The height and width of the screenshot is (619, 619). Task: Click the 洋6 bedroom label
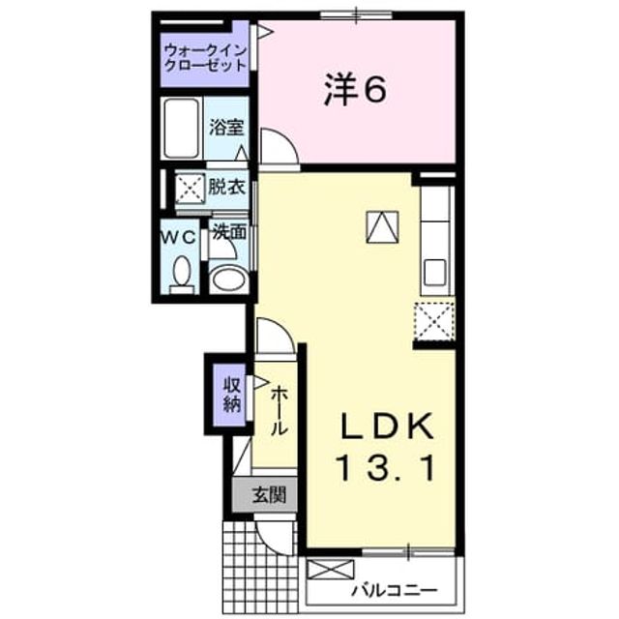point(355,91)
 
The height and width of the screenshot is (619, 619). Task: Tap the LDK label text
point(387,426)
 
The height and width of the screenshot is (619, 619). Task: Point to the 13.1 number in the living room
point(386,468)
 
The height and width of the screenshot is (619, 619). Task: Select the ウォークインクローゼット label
point(205,58)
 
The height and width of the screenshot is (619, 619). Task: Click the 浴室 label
point(226,127)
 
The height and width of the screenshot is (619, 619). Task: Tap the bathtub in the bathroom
point(182,129)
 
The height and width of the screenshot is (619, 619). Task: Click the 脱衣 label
point(226,187)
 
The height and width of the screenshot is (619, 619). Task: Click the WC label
point(178,238)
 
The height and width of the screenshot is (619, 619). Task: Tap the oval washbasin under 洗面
point(228,280)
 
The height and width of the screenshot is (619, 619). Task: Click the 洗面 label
point(229,232)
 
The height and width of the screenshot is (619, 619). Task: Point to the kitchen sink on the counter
point(435,272)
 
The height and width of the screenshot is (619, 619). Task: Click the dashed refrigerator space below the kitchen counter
point(434,321)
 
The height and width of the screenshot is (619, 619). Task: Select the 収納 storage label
point(232,395)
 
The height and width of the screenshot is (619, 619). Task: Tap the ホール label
point(279,410)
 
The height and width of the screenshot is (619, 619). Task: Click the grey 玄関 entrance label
point(269,494)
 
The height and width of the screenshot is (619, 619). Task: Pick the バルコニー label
point(395,591)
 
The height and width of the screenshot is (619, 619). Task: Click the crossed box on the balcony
point(330,570)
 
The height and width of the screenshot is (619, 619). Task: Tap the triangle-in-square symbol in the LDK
point(382,227)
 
